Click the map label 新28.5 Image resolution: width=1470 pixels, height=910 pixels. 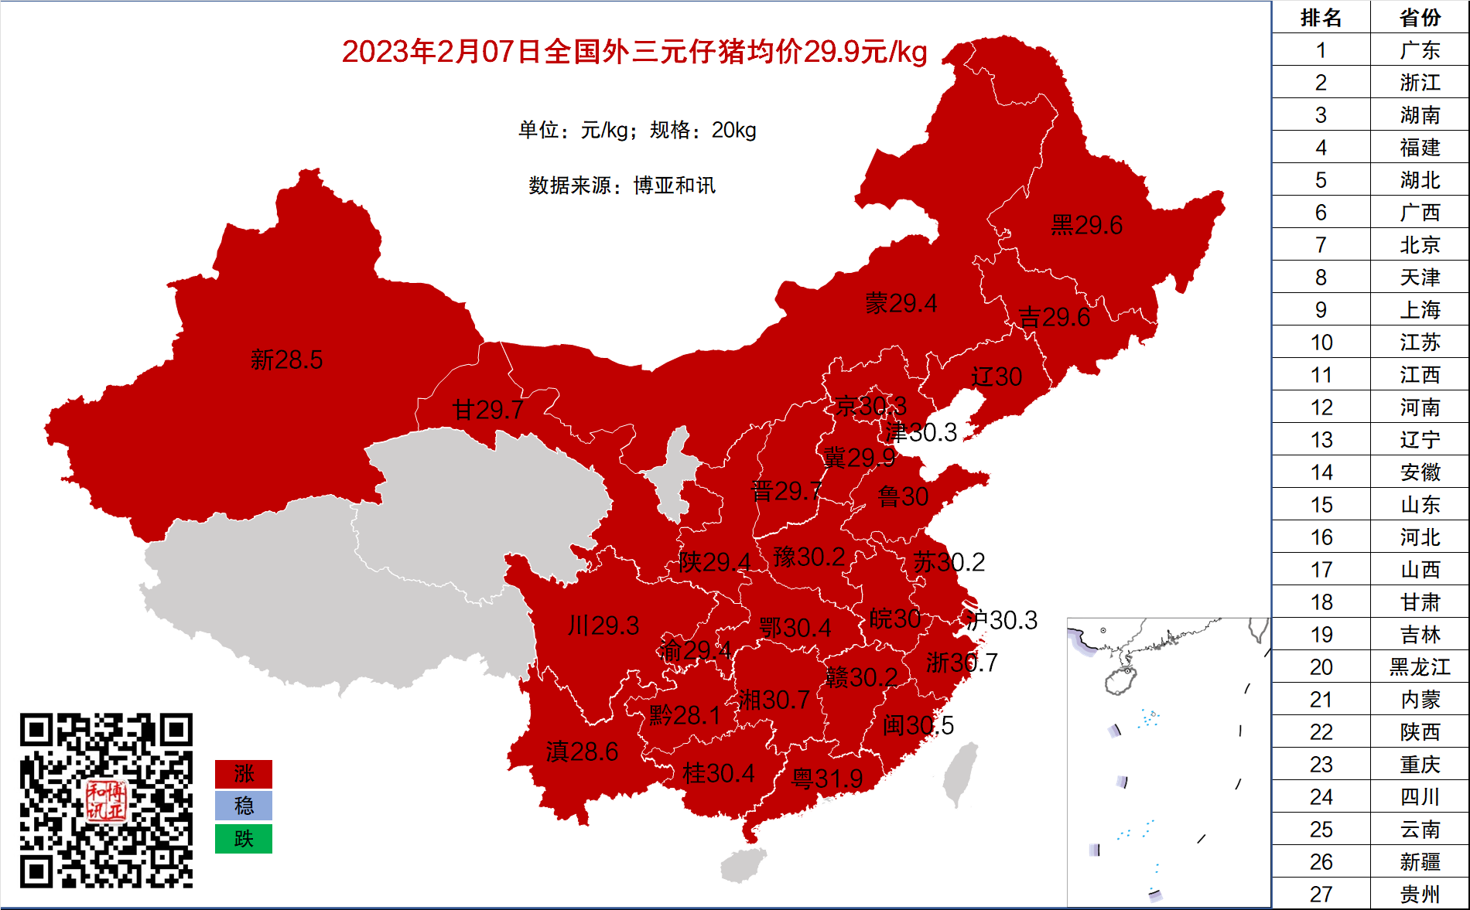286,360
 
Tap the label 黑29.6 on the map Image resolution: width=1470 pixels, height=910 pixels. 1086,226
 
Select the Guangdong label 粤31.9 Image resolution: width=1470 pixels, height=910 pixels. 827,779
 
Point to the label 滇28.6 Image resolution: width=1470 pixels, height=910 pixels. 582,752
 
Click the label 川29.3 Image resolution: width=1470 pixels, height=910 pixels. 603,625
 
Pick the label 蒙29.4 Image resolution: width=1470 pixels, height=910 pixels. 901,304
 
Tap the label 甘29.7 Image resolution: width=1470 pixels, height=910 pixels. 488,410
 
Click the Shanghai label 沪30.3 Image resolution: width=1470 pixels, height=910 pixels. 1001,620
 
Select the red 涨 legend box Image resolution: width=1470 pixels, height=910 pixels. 244,774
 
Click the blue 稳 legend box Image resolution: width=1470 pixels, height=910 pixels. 244,806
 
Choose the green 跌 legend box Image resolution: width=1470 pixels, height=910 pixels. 244,839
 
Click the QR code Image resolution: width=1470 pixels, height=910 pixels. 106,800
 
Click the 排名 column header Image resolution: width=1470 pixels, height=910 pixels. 1321,17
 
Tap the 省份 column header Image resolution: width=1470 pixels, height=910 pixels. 1420,17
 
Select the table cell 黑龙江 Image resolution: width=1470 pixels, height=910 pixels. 1420,666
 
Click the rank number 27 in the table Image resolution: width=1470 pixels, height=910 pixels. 1321,894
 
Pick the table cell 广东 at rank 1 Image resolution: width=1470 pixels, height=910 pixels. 1420,50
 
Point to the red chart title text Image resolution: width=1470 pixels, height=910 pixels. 634,52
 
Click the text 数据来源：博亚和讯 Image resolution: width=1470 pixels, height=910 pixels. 622,186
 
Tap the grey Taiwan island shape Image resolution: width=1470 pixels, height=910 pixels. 960,774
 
